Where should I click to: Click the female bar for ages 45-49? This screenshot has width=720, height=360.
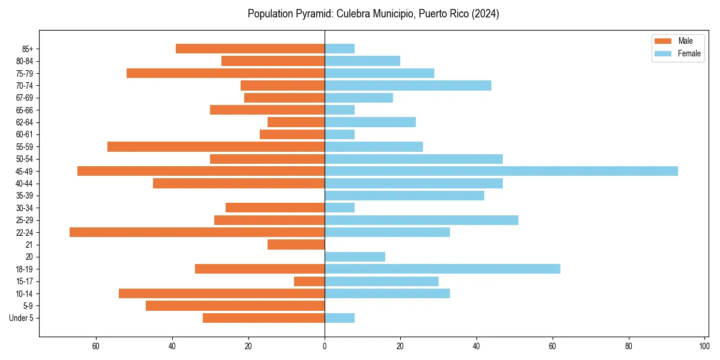click(x=501, y=171)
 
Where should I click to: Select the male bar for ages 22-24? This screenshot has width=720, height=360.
click(x=197, y=232)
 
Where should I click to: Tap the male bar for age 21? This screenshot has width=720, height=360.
click(x=296, y=245)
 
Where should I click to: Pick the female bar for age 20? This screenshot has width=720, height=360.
click(x=355, y=257)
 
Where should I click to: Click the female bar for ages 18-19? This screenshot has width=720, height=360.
click(x=442, y=269)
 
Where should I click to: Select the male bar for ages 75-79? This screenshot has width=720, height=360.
click(x=226, y=73)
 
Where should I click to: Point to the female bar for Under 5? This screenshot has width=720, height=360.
click(x=340, y=318)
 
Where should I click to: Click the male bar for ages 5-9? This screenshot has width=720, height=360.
click(x=235, y=306)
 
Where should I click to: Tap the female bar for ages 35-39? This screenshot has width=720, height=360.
click(x=404, y=196)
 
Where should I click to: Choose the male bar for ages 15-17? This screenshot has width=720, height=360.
click(x=309, y=281)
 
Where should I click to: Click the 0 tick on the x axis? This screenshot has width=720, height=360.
click(x=325, y=346)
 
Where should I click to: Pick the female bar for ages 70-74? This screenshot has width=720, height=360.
click(x=408, y=85)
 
